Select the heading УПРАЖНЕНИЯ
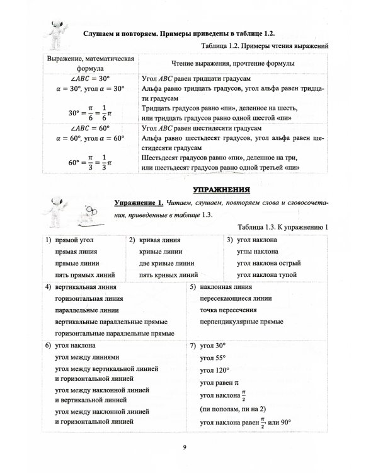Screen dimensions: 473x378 [219, 189]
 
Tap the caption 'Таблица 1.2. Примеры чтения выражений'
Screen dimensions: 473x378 [265, 46]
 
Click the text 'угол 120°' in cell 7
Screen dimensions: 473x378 [214, 370]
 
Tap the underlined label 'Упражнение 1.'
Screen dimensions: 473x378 [139, 202]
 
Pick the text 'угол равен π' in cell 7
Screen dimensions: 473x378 [217, 382]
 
